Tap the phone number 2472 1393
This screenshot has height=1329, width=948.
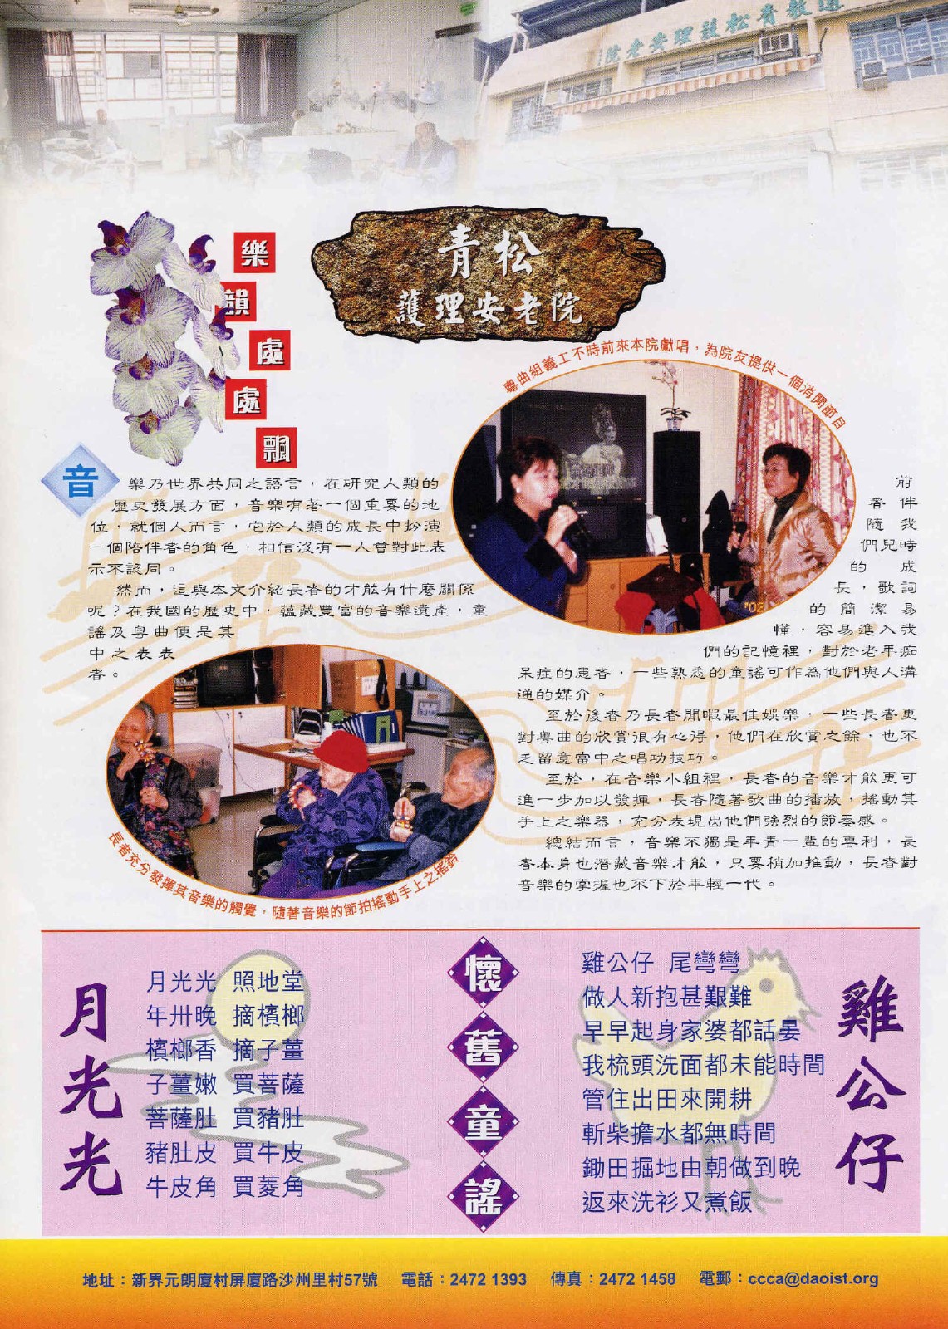pyautogui.click(x=487, y=1278)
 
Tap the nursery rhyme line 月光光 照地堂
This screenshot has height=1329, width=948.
pyautogui.click(x=224, y=982)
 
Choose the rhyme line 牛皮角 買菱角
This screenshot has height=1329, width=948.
pyautogui.click(x=224, y=1188)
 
